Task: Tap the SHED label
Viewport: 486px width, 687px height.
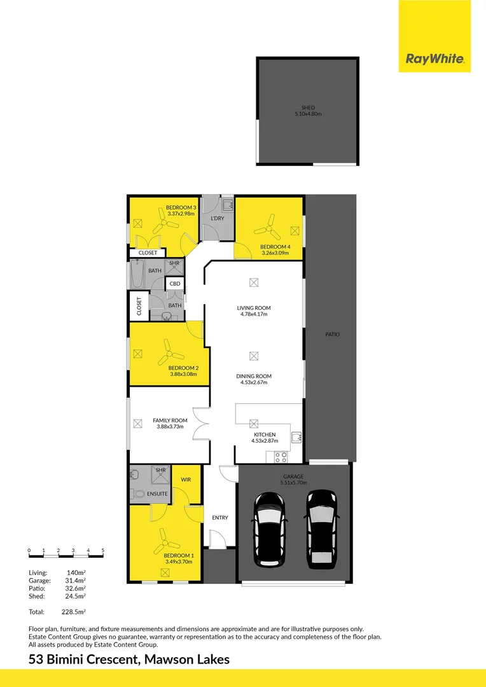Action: pos(308,108)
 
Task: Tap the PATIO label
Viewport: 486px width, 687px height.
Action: pos(332,334)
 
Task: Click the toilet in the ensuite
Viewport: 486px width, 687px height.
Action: pos(137,493)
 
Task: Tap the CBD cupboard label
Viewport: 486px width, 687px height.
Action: pos(174,284)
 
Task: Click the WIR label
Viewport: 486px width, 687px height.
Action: pos(186,479)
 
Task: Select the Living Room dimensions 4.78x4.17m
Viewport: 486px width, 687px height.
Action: pos(253,314)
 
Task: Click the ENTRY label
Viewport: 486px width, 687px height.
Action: pos(219,518)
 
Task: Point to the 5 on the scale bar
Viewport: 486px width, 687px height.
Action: pos(102,550)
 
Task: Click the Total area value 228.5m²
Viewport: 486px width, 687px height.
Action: pos(73,611)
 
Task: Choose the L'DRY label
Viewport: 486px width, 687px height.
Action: pos(217,218)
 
